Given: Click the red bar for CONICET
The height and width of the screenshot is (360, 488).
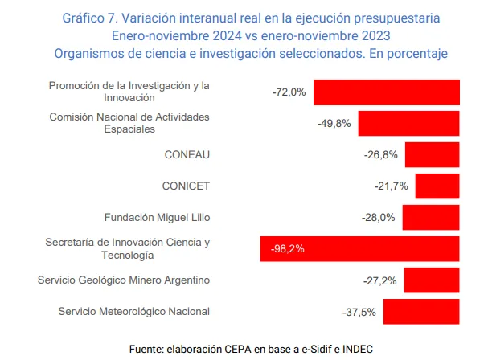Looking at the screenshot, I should (x=437, y=186).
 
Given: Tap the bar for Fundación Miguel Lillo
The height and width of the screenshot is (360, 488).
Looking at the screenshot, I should (x=431, y=218).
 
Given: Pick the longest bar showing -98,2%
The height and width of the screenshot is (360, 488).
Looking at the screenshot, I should (x=360, y=249).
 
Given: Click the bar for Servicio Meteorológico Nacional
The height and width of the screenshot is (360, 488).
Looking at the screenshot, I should (x=421, y=311).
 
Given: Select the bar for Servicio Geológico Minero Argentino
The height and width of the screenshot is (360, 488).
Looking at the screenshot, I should (x=432, y=280).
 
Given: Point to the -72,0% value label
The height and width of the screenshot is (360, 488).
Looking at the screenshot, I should (x=289, y=92).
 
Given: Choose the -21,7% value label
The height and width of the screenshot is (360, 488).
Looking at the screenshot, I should (x=392, y=186).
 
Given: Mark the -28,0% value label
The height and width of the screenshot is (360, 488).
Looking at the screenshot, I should (x=379, y=218).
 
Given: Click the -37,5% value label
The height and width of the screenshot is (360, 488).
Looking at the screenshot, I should (x=359, y=312).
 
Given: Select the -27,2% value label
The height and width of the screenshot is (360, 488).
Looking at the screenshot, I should (x=380, y=280).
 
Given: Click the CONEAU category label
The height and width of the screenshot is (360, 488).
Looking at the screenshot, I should (x=187, y=155).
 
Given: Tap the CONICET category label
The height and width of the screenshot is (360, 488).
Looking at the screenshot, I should (x=186, y=186).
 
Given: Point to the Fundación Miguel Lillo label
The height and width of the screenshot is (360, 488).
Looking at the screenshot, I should (x=157, y=218).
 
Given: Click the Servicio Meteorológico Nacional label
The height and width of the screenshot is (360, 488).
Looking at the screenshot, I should (x=134, y=312).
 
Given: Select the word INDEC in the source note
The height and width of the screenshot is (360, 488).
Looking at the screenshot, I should (x=358, y=349).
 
